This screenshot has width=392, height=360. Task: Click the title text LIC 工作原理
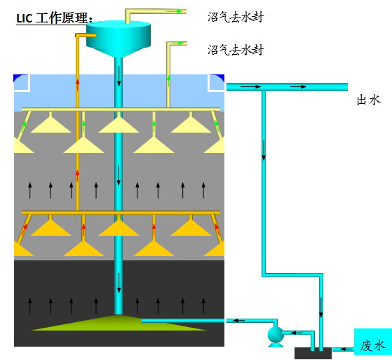pos(54,18)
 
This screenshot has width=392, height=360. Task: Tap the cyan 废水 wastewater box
pos(373,342)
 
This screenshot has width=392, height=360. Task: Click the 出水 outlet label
pos(368,100)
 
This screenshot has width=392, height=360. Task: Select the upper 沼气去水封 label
pos(236,18)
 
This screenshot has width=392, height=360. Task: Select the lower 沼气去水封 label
pos(236,50)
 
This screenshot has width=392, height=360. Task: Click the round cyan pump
pos(276,335)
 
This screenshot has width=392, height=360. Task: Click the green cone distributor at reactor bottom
pos(119,323)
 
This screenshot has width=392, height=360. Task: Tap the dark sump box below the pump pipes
pos(313,353)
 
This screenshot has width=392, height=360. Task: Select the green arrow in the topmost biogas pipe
pos(174,11)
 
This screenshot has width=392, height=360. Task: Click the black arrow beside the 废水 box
pos(346,349)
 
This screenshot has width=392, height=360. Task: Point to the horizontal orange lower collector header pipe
pos(121,213)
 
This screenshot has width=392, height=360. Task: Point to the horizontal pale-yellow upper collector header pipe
pos(121,109)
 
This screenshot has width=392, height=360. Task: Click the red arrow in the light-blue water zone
pos(78,85)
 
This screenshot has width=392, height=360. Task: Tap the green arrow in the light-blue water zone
pos(168,81)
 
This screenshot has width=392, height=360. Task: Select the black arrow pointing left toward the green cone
pos(239,321)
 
